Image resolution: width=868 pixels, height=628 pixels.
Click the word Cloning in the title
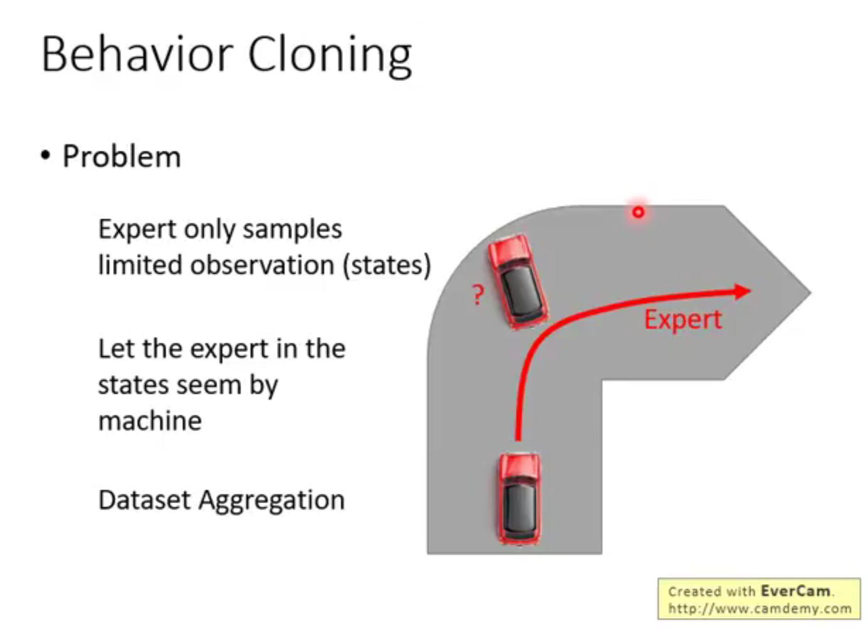329,55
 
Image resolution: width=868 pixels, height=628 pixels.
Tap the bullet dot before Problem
45,156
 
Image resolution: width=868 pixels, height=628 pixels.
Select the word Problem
121,156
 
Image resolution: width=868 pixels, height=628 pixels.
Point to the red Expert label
683,319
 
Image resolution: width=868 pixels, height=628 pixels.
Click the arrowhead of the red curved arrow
742,291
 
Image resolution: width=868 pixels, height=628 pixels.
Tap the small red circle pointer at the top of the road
638,212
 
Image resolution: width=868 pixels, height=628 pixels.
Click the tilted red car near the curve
518,281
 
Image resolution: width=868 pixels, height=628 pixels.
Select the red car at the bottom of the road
519,498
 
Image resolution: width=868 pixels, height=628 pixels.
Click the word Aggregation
271,501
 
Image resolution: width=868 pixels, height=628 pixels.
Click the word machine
149,421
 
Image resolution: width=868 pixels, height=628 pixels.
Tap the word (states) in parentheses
387,265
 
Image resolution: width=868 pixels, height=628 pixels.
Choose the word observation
262,265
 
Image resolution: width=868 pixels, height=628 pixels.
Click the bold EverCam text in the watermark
795,591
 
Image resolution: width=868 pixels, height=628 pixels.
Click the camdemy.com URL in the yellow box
759,609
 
